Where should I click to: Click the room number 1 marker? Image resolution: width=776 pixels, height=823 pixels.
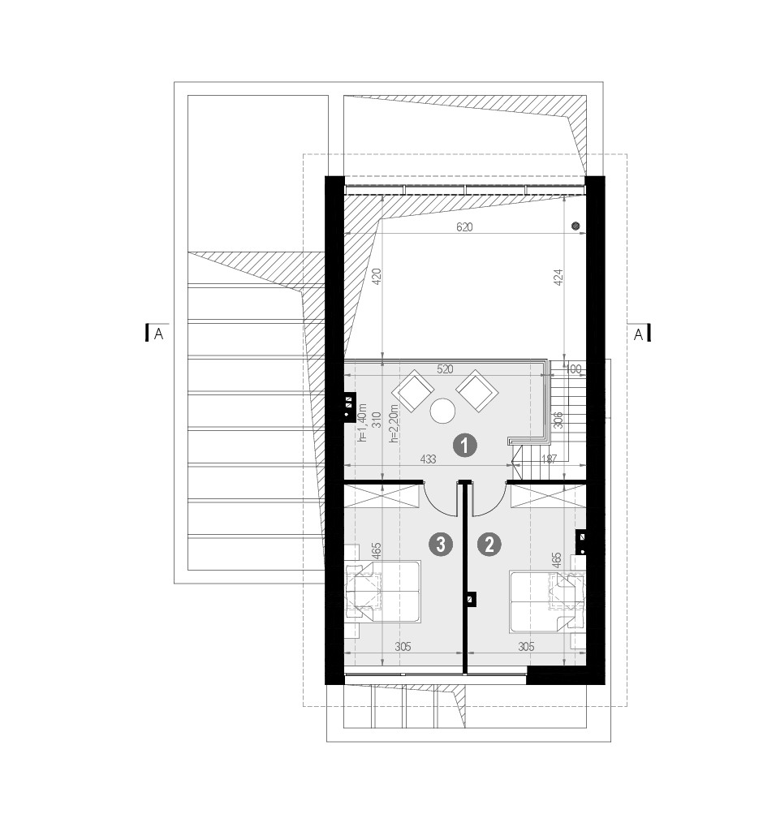click(x=464, y=446)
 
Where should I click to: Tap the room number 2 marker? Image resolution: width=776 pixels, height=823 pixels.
click(x=489, y=545)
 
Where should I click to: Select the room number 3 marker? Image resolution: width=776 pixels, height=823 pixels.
click(x=441, y=545)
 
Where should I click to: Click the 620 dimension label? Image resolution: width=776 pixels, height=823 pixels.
click(x=464, y=226)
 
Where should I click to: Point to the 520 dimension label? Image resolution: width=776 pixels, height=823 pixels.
click(x=445, y=369)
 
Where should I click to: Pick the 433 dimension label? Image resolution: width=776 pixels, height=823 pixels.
click(x=428, y=459)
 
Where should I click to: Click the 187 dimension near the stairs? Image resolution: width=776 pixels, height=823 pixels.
click(x=549, y=459)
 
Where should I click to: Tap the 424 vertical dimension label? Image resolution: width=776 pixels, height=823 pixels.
click(x=558, y=277)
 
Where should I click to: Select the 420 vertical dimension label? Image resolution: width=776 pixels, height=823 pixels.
click(x=376, y=277)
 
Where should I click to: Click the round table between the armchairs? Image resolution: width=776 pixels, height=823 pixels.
click(x=442, y=411)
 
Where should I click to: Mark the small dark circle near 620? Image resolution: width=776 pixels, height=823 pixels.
click(x=576, y=226)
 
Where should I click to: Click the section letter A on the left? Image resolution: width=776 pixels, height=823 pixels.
click(x=158, y=334)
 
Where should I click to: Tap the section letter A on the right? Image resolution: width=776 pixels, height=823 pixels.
click(x=638, y=334)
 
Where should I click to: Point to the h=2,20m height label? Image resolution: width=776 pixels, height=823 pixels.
click(x=394, y=423)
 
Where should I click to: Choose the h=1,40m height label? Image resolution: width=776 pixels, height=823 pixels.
click(x=362, y=423)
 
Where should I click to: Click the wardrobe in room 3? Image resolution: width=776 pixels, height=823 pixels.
click(x=382, y=496)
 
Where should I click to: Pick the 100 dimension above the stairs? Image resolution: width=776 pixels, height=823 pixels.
click(x=573, y=369)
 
